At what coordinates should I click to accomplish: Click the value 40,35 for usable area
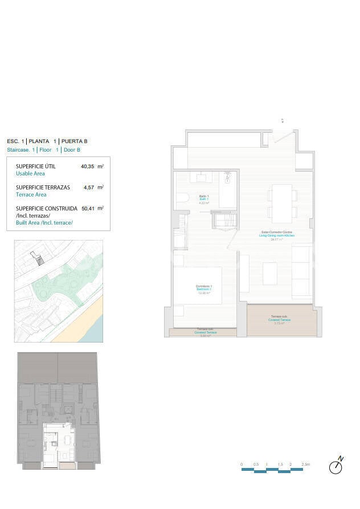86,166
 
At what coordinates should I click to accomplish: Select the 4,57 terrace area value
88,187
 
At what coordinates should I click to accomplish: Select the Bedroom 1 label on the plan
203,288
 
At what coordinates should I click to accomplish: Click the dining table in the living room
282,203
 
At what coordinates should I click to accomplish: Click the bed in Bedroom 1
198,285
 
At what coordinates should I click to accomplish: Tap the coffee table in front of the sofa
270,273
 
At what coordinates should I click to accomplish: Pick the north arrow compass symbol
337,466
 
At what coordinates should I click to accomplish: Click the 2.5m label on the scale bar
306,465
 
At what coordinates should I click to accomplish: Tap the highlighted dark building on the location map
39,260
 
